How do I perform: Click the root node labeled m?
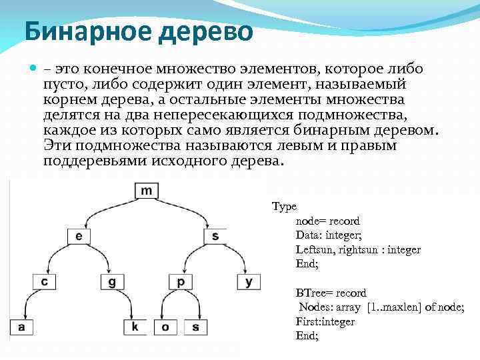(147, 191)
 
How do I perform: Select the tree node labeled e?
(79, 236)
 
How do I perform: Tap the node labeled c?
(44, 282)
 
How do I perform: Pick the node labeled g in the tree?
(112, 282)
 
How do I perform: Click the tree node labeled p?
(180, 282)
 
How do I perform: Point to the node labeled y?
(249, 282)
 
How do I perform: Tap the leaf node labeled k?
(135, 327)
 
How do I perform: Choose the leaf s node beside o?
(195, 327)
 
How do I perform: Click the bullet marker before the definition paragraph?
(34, 69)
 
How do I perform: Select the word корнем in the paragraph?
(71, 99)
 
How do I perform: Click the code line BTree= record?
(331, 293)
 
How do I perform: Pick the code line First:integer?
(325, 321)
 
